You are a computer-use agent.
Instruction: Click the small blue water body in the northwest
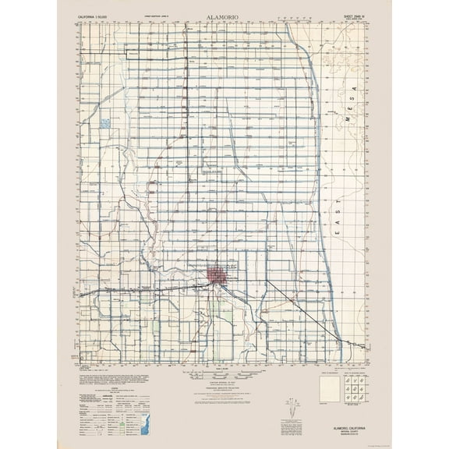pos(105,123)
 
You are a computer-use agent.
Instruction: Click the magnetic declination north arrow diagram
pos(292,405)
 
